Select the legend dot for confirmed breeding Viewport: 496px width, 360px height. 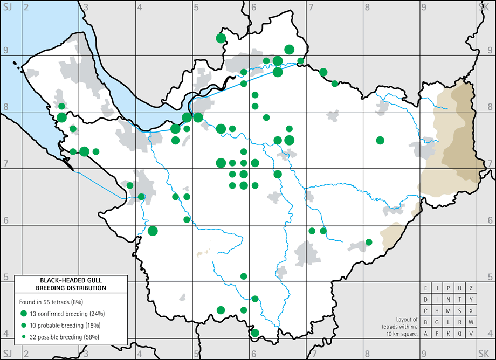pyautogui.click(x=23, y=314)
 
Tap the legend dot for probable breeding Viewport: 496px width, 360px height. pyautogui.click(x=23, y=325)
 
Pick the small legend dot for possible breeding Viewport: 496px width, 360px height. pyautogui.click(x=23, y=337)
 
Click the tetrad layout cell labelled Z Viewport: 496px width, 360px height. pyautogui.click(x=471, y=288)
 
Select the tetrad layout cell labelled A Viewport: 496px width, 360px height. pyautogui.click(x=426, y=334)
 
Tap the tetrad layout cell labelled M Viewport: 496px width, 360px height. pyautogui.click(x=449, y=311)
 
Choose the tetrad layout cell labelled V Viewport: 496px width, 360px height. pyautogui.click(x=471, y=334)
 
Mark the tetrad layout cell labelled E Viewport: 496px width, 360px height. pyautogui.click(x=426, y=288)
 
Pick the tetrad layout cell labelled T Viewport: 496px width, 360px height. pyautogui.click(x=460, y=300)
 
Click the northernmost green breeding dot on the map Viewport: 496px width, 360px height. pyautogui.click(x=221, y=38)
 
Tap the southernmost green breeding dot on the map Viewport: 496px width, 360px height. pyautogui.click(x=255, y=333)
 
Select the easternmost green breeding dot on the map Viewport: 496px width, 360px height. pyautogui.click(x=380, y=140)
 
